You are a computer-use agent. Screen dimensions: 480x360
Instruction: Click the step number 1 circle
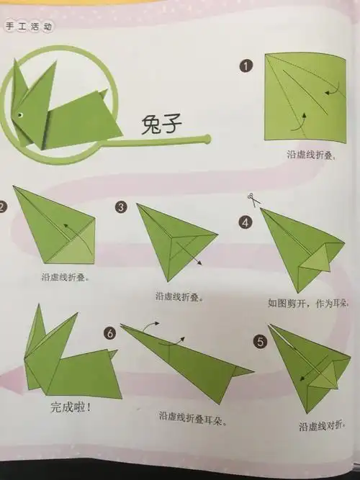point(247,66)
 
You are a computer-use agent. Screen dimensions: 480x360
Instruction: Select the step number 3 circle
point(121,207)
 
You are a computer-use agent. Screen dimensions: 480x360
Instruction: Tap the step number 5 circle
point(261,341)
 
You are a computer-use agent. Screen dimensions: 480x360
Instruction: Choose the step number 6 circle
point(109,333)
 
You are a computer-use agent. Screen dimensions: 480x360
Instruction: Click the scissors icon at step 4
point(250,198)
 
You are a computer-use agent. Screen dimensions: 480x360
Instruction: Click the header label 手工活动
point(29,27)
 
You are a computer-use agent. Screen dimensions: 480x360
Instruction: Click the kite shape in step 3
point(173,245)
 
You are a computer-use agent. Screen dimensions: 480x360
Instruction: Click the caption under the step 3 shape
point(180,296)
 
